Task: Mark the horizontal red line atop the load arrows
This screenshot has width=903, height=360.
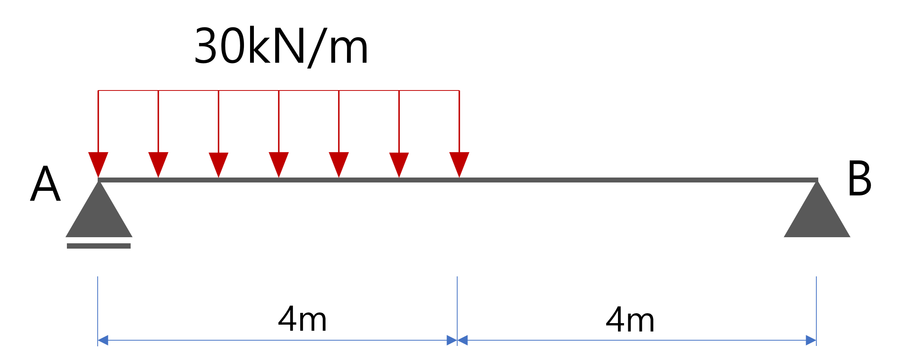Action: coord(279,90)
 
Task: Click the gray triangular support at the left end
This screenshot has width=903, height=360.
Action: coord(99,217)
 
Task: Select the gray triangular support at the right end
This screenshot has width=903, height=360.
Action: coord(817,217)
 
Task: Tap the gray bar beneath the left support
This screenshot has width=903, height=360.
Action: coord(99,246)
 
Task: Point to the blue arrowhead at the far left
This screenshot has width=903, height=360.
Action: coord(103,340)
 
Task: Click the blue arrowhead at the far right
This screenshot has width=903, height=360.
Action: coord(811,340)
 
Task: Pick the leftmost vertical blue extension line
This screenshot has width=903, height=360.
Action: coord(98,304)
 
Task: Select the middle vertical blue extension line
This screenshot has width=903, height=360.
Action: coord(457,304)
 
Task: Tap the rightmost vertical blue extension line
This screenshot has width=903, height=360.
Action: coord(816,304)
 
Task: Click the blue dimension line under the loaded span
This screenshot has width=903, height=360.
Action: coord(277,340)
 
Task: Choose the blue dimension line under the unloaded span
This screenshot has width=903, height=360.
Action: coord(637,340)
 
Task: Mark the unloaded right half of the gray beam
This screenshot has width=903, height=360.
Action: coord(638,180)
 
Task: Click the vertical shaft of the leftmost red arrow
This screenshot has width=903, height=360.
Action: coord(98,122)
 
